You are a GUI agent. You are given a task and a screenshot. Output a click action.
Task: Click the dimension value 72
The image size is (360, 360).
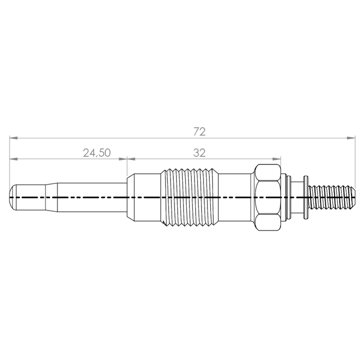point(199,132)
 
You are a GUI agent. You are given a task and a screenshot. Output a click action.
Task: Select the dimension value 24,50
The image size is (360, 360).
point(97,153)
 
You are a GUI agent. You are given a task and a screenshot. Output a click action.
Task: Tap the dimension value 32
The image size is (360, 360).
point(199,153)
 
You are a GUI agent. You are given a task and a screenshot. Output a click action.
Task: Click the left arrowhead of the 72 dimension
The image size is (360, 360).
point(13,138)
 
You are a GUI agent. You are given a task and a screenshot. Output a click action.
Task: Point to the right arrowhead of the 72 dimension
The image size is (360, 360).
point(351,138)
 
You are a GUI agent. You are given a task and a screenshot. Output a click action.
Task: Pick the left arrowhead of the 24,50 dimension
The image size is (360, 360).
point(13,159)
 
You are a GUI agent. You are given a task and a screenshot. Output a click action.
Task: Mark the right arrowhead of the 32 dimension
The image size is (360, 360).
point(276,159)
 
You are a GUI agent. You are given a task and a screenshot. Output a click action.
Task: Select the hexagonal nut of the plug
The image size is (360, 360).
point(268,197)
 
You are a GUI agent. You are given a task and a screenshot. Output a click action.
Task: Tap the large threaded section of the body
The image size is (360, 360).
point(189,197)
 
